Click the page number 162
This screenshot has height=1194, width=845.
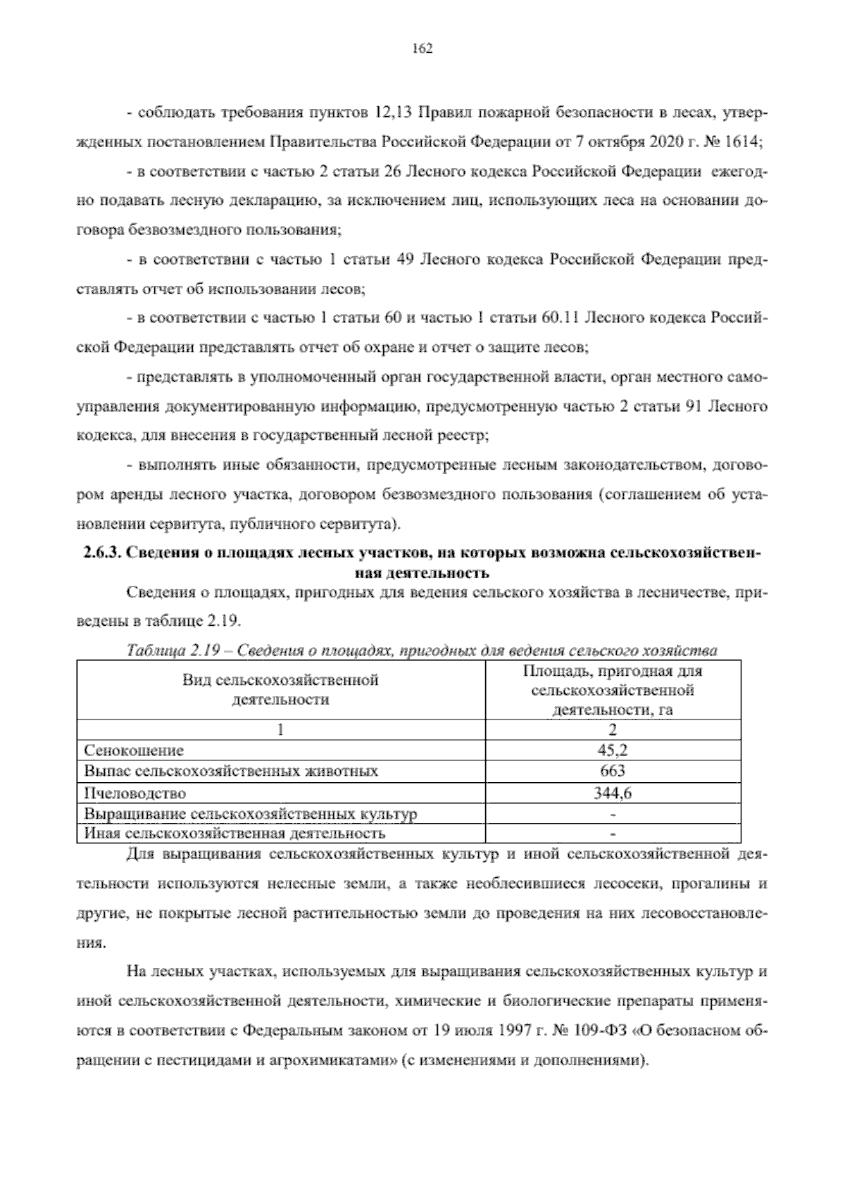coord(422,48)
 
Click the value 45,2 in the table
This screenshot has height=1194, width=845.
coord(613,750)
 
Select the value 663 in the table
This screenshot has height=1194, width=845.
coord(613,771)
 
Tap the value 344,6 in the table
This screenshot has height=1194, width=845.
coord(613,793)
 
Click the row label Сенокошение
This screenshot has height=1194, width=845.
coord(134,750)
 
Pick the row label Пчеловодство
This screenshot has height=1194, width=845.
coord(134,793)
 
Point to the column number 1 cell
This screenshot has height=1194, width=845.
coord(281,729)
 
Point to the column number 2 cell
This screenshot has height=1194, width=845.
coord(613,729)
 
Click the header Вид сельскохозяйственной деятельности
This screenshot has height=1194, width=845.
coord(281,690)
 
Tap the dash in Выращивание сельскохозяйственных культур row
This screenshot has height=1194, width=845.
coord(613,815)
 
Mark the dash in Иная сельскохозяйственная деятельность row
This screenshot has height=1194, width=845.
coord(613,834)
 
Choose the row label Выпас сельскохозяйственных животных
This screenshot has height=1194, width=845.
coord(231,772)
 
